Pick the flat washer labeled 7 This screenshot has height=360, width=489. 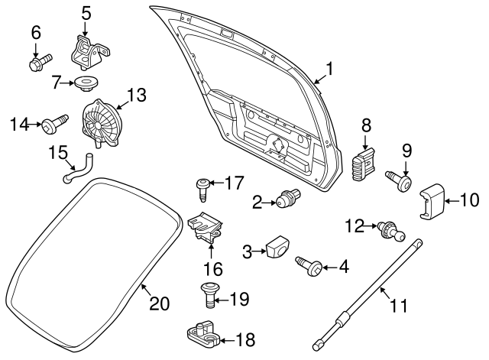(85, 81)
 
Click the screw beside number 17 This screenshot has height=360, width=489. (202, 183)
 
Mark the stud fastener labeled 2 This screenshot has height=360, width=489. (287, 201)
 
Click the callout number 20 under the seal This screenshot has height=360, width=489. (157, 303)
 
